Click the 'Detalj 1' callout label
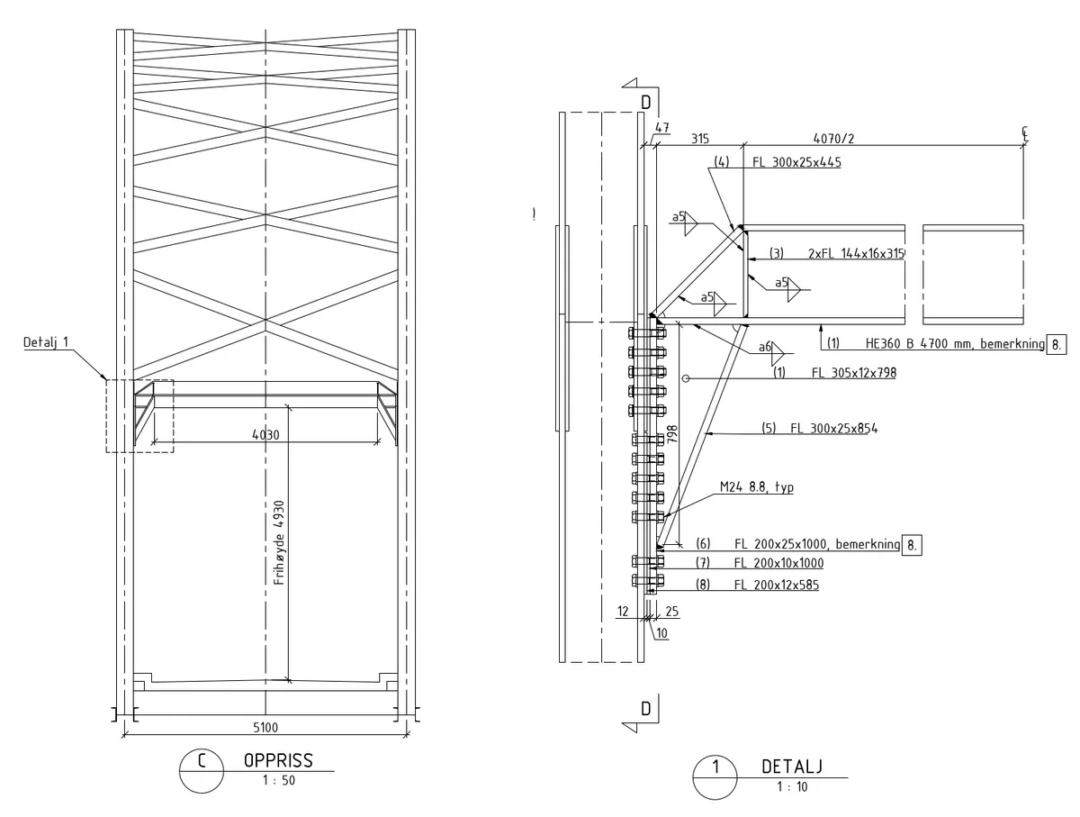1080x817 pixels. pyautogui.click(x=46, y=342)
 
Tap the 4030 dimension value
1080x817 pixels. pyautogui.click(x=265, y=435)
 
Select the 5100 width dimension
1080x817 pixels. pyautogui.click(x=265, y=727)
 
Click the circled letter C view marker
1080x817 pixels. pyautogui.click(x=202, y=771)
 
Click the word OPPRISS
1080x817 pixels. pyautogui.click(x=278, y=761)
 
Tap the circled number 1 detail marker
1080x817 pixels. pyautogui.click(x=715, y=777)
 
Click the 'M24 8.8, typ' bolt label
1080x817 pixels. pyautogui.click(x=757, y=487)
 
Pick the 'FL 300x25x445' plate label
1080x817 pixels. pyautogui.click(x=797, y=162)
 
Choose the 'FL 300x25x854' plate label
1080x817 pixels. pyautogui.click(x=834, y=428)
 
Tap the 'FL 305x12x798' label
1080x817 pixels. pyautogui.click(x=854, y=372)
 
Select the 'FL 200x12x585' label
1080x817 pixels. pyautogui.click(x=777, y=585)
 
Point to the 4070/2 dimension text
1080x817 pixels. pyautogui.click(x=833, y=139)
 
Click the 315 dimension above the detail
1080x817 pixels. pyautogui.click(x=699, y=139)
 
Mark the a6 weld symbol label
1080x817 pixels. pyautogui.click(x=764, y=347)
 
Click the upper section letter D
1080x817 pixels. pyautogui.click(x=646, y=103)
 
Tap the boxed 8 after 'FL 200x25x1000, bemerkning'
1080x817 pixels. pyautogui.click(x=912, y=545)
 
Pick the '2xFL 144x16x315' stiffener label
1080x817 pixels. pyautogui.click(x=856, y=253)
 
